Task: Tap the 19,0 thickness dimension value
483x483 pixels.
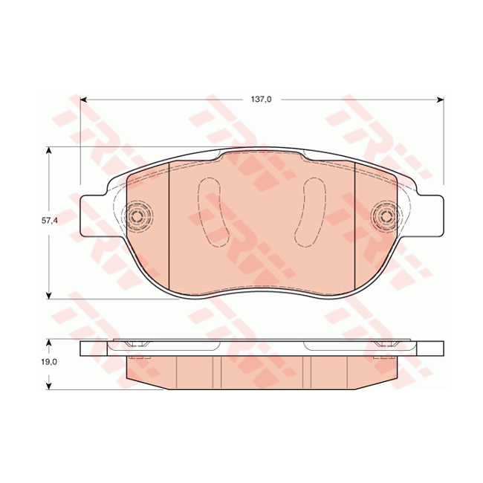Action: pyautogui.click(x=48, y=363)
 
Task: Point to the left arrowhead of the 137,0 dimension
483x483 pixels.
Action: pyautogui.click(x=85, y=99)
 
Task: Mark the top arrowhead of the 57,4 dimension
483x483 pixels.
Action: pyautogui.click(x=50, y=151)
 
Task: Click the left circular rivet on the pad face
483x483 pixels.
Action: pyautogui.click(x=137, y=217)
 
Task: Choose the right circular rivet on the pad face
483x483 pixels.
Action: pyautogui.click(x=385, y=217)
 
